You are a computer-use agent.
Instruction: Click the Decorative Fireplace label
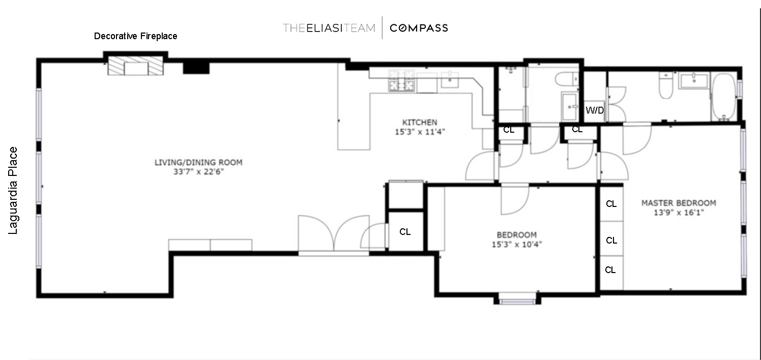136,36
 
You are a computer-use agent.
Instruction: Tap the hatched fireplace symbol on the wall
135,66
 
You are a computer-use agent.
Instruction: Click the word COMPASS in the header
419,28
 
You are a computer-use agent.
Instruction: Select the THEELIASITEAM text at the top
329,28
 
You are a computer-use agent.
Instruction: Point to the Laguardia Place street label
13,191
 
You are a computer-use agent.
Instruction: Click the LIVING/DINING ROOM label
198,163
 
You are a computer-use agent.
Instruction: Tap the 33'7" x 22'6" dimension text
198,172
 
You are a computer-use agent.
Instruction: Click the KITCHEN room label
420,122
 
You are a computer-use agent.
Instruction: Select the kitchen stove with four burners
402,80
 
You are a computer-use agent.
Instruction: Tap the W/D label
595,110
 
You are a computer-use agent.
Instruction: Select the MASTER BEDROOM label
678,203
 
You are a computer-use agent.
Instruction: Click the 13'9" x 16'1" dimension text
678,213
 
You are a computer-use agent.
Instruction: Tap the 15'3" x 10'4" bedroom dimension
516,244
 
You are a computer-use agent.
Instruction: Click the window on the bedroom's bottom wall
516,301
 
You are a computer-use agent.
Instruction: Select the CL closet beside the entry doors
405,232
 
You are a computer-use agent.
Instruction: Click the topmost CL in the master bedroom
611,204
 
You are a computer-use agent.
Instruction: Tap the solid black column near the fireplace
196,67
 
